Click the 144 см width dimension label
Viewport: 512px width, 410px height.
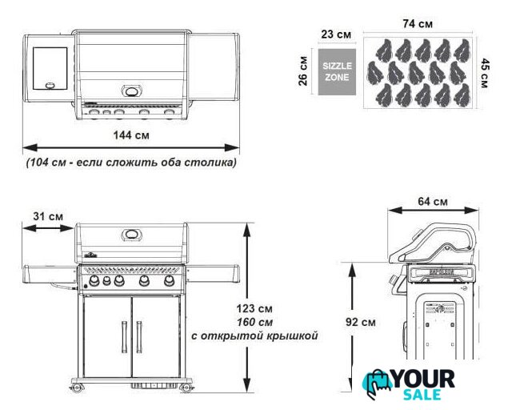[131, 135]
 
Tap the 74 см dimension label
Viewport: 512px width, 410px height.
[418, 24]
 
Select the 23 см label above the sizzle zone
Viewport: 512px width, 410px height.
[336, 34]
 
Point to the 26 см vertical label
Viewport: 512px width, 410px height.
[303, 71]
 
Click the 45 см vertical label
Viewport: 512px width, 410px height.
[485, 73]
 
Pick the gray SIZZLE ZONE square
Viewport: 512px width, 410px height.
[337, 72]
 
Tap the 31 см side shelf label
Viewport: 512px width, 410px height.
[48, 216]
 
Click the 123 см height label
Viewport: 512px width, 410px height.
[254, 308]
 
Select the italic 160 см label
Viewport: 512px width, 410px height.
[254, 322]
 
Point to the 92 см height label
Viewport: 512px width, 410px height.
[361, 322]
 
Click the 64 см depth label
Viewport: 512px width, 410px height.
[433, 202]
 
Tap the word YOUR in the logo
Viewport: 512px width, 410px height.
[423, 379]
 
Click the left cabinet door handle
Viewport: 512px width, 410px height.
[124, 337]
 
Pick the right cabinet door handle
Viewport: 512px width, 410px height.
[139, 337]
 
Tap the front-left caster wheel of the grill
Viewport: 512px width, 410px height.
[77, 388]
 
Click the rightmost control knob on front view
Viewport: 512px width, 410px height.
[169, 280]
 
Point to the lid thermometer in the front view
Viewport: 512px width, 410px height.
[131, 234]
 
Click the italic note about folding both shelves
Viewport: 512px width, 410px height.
[131, 163]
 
